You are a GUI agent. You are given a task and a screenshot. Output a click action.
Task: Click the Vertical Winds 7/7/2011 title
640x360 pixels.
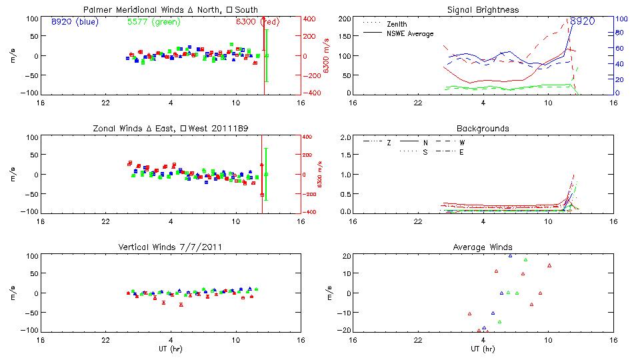click(170, 247)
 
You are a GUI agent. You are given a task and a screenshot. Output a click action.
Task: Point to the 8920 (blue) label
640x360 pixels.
click(74, 21)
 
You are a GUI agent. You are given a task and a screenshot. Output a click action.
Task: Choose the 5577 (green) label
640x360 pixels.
click(153, 21)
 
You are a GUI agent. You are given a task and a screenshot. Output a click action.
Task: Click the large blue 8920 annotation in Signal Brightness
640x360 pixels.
click(581, 21)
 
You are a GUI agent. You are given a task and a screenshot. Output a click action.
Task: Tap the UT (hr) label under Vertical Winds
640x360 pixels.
click(170, 349)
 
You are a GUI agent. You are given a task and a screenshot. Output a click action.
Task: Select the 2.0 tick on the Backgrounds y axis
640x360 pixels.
click(345, 137)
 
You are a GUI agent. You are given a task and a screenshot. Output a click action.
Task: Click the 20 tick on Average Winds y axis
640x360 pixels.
click(346, 256)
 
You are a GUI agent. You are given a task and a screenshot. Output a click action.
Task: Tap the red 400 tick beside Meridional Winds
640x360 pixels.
click(311, 19)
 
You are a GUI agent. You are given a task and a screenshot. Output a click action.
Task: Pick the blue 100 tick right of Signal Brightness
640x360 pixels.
click(619, 19)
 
